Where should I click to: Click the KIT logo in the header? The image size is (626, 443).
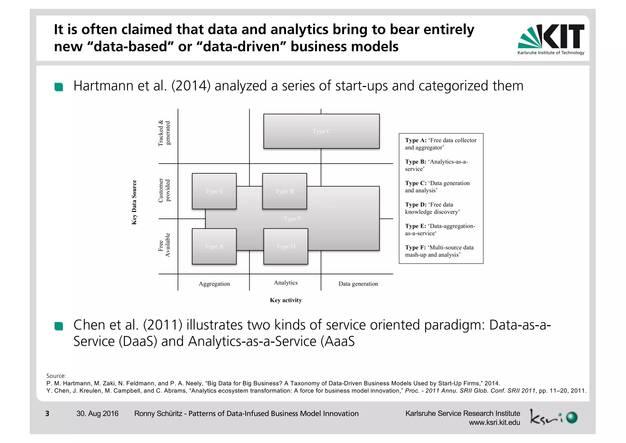click(551, 39)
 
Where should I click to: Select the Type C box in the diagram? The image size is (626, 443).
click(321, 131)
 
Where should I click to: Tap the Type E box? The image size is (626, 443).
click(214, 191)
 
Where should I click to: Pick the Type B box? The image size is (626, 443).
click(284, 191)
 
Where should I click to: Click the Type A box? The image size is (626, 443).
click(214, 246)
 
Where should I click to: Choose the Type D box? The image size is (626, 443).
click(285, 246)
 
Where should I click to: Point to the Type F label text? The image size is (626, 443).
click(292, 219)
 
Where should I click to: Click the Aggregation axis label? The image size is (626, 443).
click(214, 284)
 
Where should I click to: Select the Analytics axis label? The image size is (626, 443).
click(285, 283)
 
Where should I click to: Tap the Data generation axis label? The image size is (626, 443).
click(358, 284)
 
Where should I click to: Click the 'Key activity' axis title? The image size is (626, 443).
click(286, 300)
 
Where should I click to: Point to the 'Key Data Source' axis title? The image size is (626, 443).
click(134, 202)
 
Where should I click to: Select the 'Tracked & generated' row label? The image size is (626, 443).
click(164, 133)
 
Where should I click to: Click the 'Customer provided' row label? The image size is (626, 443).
click(164, 190)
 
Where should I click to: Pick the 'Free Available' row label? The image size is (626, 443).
click(164, 245)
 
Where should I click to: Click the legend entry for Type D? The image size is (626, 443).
click(432, 208)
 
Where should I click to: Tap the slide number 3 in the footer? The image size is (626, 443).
click(47, 414)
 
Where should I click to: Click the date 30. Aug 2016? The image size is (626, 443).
click(97, 414)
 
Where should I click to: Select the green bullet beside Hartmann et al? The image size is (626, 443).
click(59, 87)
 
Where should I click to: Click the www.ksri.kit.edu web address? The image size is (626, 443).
click(494, 423)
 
